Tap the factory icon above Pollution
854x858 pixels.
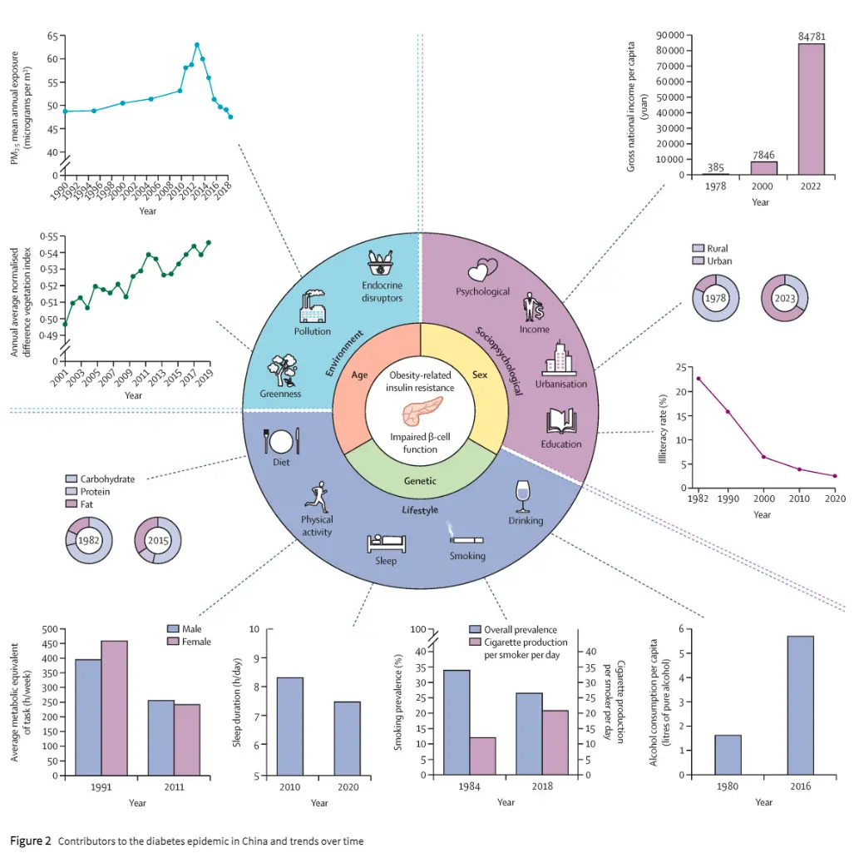[x=313, y=306]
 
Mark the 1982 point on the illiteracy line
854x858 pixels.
[x=698, y=378]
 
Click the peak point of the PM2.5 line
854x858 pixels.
[x=196, y=45]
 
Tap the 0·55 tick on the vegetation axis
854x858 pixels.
[x=47, y=237]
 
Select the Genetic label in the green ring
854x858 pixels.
[x=420, y=481]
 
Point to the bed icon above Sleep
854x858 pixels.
[x=386, y=543]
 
